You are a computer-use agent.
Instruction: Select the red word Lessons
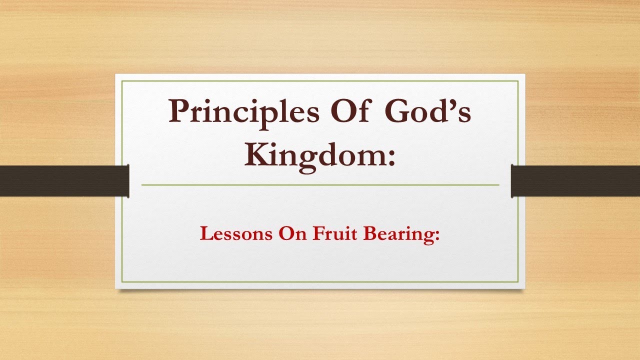(x=235, y=234)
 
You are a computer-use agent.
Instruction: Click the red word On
(x=292, y=234)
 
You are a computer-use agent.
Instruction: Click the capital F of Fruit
(x=318, y=233)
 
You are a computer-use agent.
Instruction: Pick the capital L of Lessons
(x=205, y=233)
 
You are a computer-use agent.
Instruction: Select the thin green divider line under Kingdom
(x=320, y=185)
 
